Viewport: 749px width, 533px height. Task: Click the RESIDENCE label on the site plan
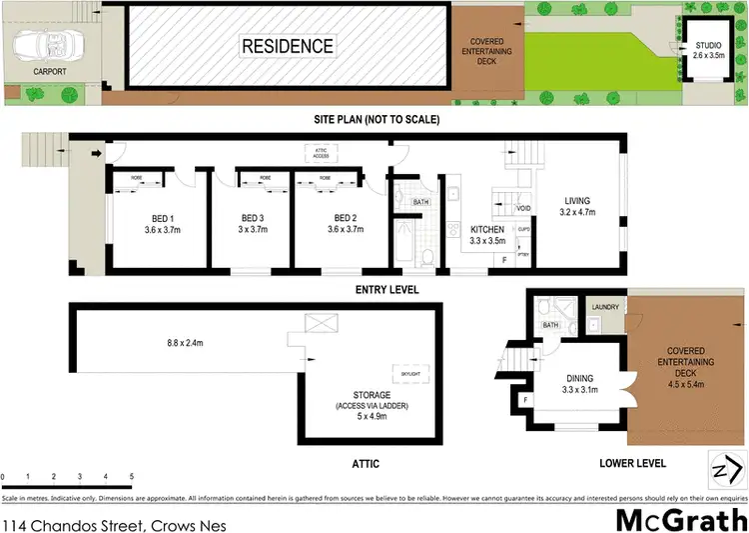pyautogui.click(x=286, y=46)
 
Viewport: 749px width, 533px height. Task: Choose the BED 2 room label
pyautogui.click(x=346, y=224)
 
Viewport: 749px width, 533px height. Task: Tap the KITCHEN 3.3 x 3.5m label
pyautogui.click(x=487, y=236)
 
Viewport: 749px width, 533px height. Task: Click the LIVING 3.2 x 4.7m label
pyautogui.click(x=578, y=206)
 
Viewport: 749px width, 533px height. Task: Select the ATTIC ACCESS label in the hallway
pyautogui.click(x=322, y=153)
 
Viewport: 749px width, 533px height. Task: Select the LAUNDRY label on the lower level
pyautogui.click(x=605, y=307)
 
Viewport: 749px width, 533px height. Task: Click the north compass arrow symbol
pyautogui.click(x=727, y=467)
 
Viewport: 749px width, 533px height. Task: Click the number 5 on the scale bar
pyautogui.click(x=131, y=477)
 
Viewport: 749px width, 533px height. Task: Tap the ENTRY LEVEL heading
pyautogui.click(x=386, y=290)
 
